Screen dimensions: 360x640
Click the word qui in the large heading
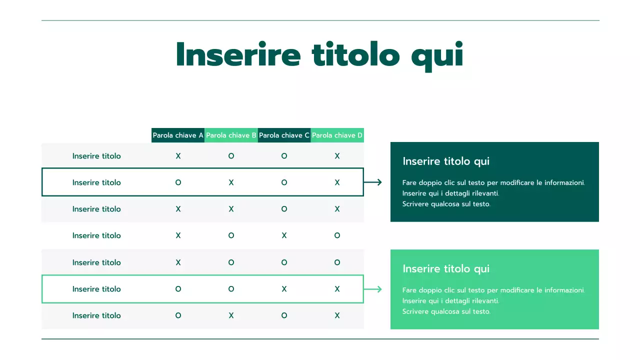(x=437, y=55)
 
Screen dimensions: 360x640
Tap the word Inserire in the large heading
(x=238, y=54)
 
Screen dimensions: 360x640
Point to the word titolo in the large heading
(x=355, y=54)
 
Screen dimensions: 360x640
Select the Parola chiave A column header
(x=178, y=135)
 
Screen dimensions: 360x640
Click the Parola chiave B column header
(x=231, y=135)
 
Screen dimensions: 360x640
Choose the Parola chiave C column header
(x=284, y=135)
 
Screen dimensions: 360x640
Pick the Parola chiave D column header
(x=337, y=135)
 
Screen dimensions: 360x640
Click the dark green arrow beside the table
(x=373, y=182)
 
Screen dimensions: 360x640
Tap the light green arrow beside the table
(x=373, y=289)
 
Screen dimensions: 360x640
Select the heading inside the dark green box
(x=445, y=161)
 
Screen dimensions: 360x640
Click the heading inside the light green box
(x=445, y=269)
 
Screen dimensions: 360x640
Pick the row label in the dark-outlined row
(x=96, y=182)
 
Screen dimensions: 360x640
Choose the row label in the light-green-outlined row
(x=96, y=289)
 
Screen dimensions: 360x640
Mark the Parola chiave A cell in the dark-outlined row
(x=178, y=182)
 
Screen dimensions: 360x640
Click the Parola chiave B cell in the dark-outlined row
(x=231, y=182)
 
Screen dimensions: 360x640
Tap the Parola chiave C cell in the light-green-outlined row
(x=284, y=289)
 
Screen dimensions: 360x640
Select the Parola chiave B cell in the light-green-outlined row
(x=231, y=289)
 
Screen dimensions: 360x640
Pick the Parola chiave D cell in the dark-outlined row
(x=337, y=182)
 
